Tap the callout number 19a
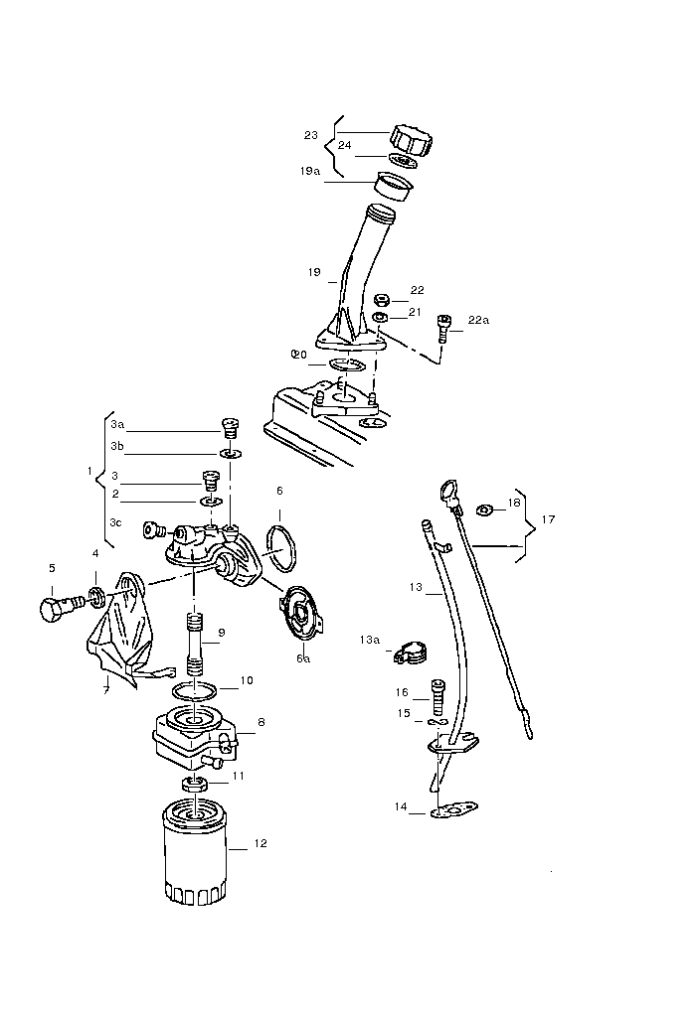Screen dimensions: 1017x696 tap(309, 171)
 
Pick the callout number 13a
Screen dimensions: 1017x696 tap(370, 641)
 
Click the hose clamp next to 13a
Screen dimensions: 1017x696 tap(407, 651)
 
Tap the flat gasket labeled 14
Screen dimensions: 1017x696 tap(452, 810)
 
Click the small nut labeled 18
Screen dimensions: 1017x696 tap(485, 509)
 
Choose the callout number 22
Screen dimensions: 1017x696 tap(417, 290)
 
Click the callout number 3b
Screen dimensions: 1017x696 tap(117, 446)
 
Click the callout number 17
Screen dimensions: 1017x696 tap(548, 518)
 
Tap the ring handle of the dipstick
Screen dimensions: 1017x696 tap(447, 490)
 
